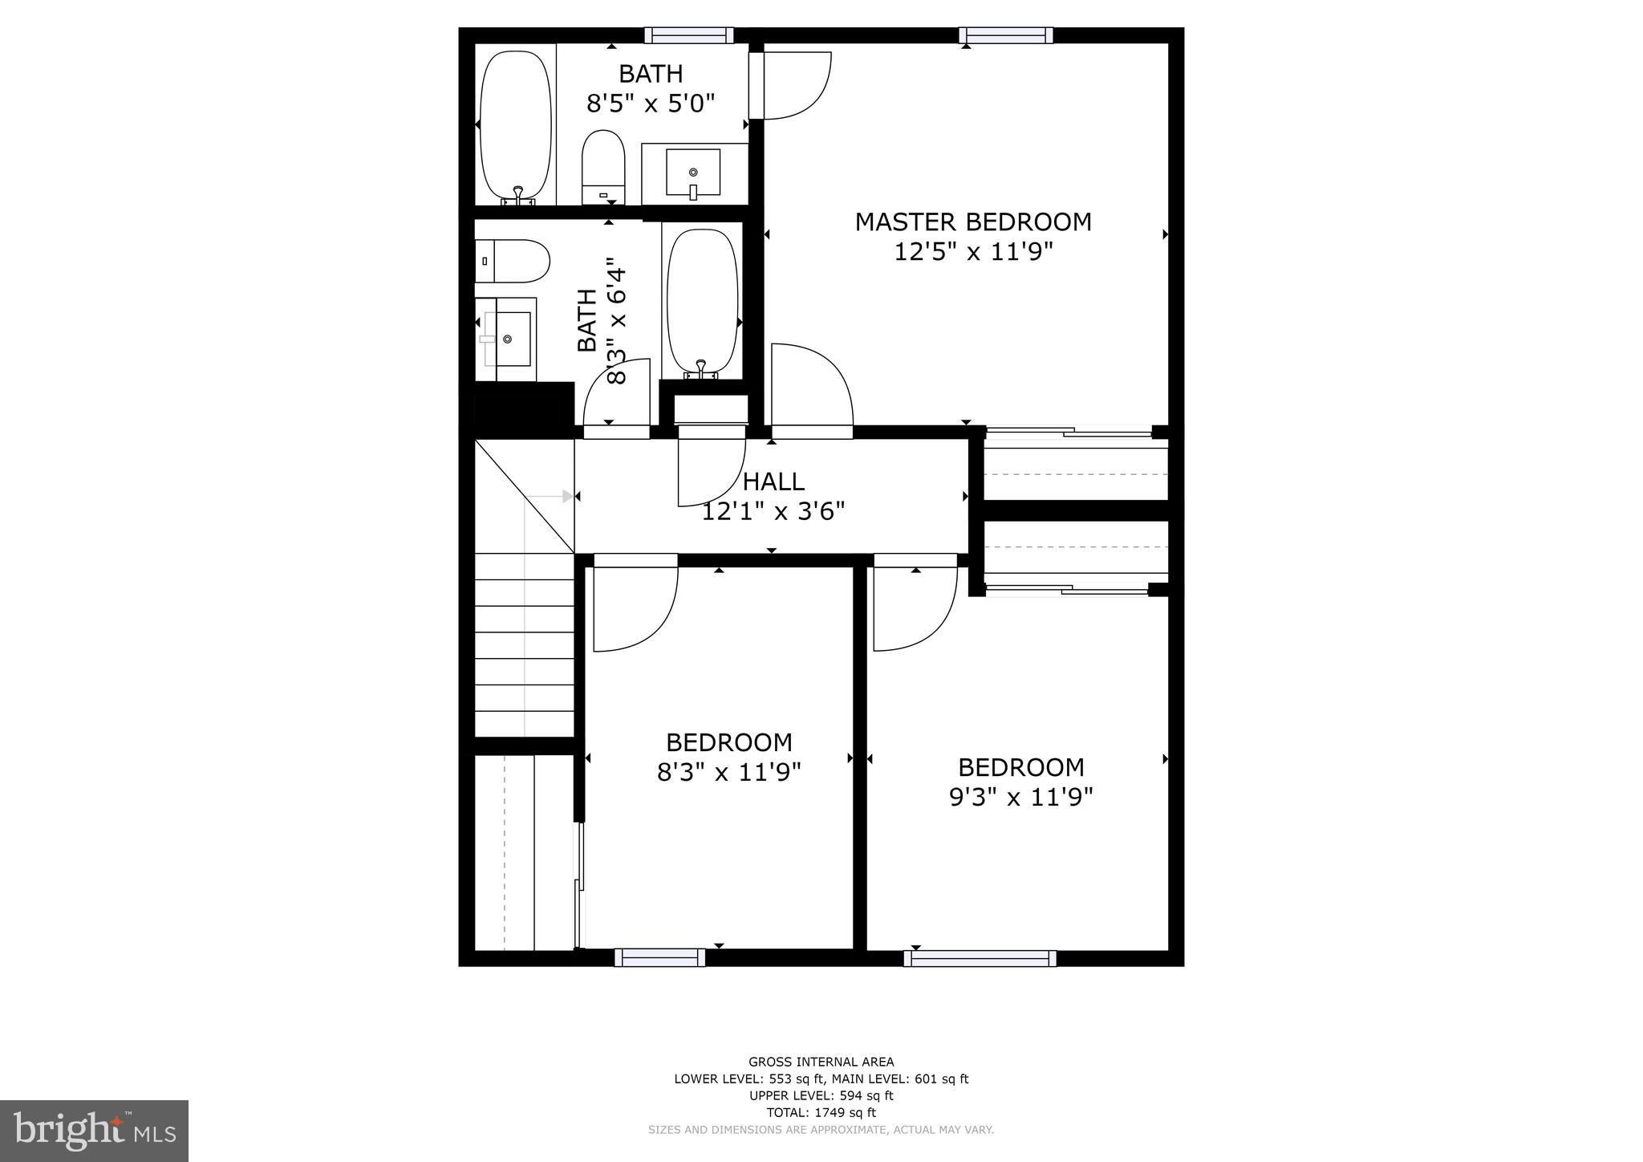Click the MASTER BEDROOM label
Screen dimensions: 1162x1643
point(972,222)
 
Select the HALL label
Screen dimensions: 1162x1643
point(773,482)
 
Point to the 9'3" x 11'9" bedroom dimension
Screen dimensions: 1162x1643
point(1020,798)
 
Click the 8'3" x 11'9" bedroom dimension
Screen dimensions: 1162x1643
point(728,773)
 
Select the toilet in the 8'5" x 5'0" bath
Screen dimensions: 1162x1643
point(603,165)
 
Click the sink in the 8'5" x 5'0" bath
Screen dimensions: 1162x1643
point(693,173)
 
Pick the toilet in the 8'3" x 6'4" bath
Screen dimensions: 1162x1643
point(511,261)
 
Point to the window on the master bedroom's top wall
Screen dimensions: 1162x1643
point(1005,35)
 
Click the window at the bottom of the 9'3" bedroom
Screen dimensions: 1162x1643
point(980,958)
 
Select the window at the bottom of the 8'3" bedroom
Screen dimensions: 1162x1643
point(659,957)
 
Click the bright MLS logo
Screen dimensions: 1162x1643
point(94,1132)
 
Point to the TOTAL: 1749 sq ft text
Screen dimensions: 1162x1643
point(821,1112)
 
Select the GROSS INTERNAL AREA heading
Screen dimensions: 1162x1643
point(821,1062)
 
